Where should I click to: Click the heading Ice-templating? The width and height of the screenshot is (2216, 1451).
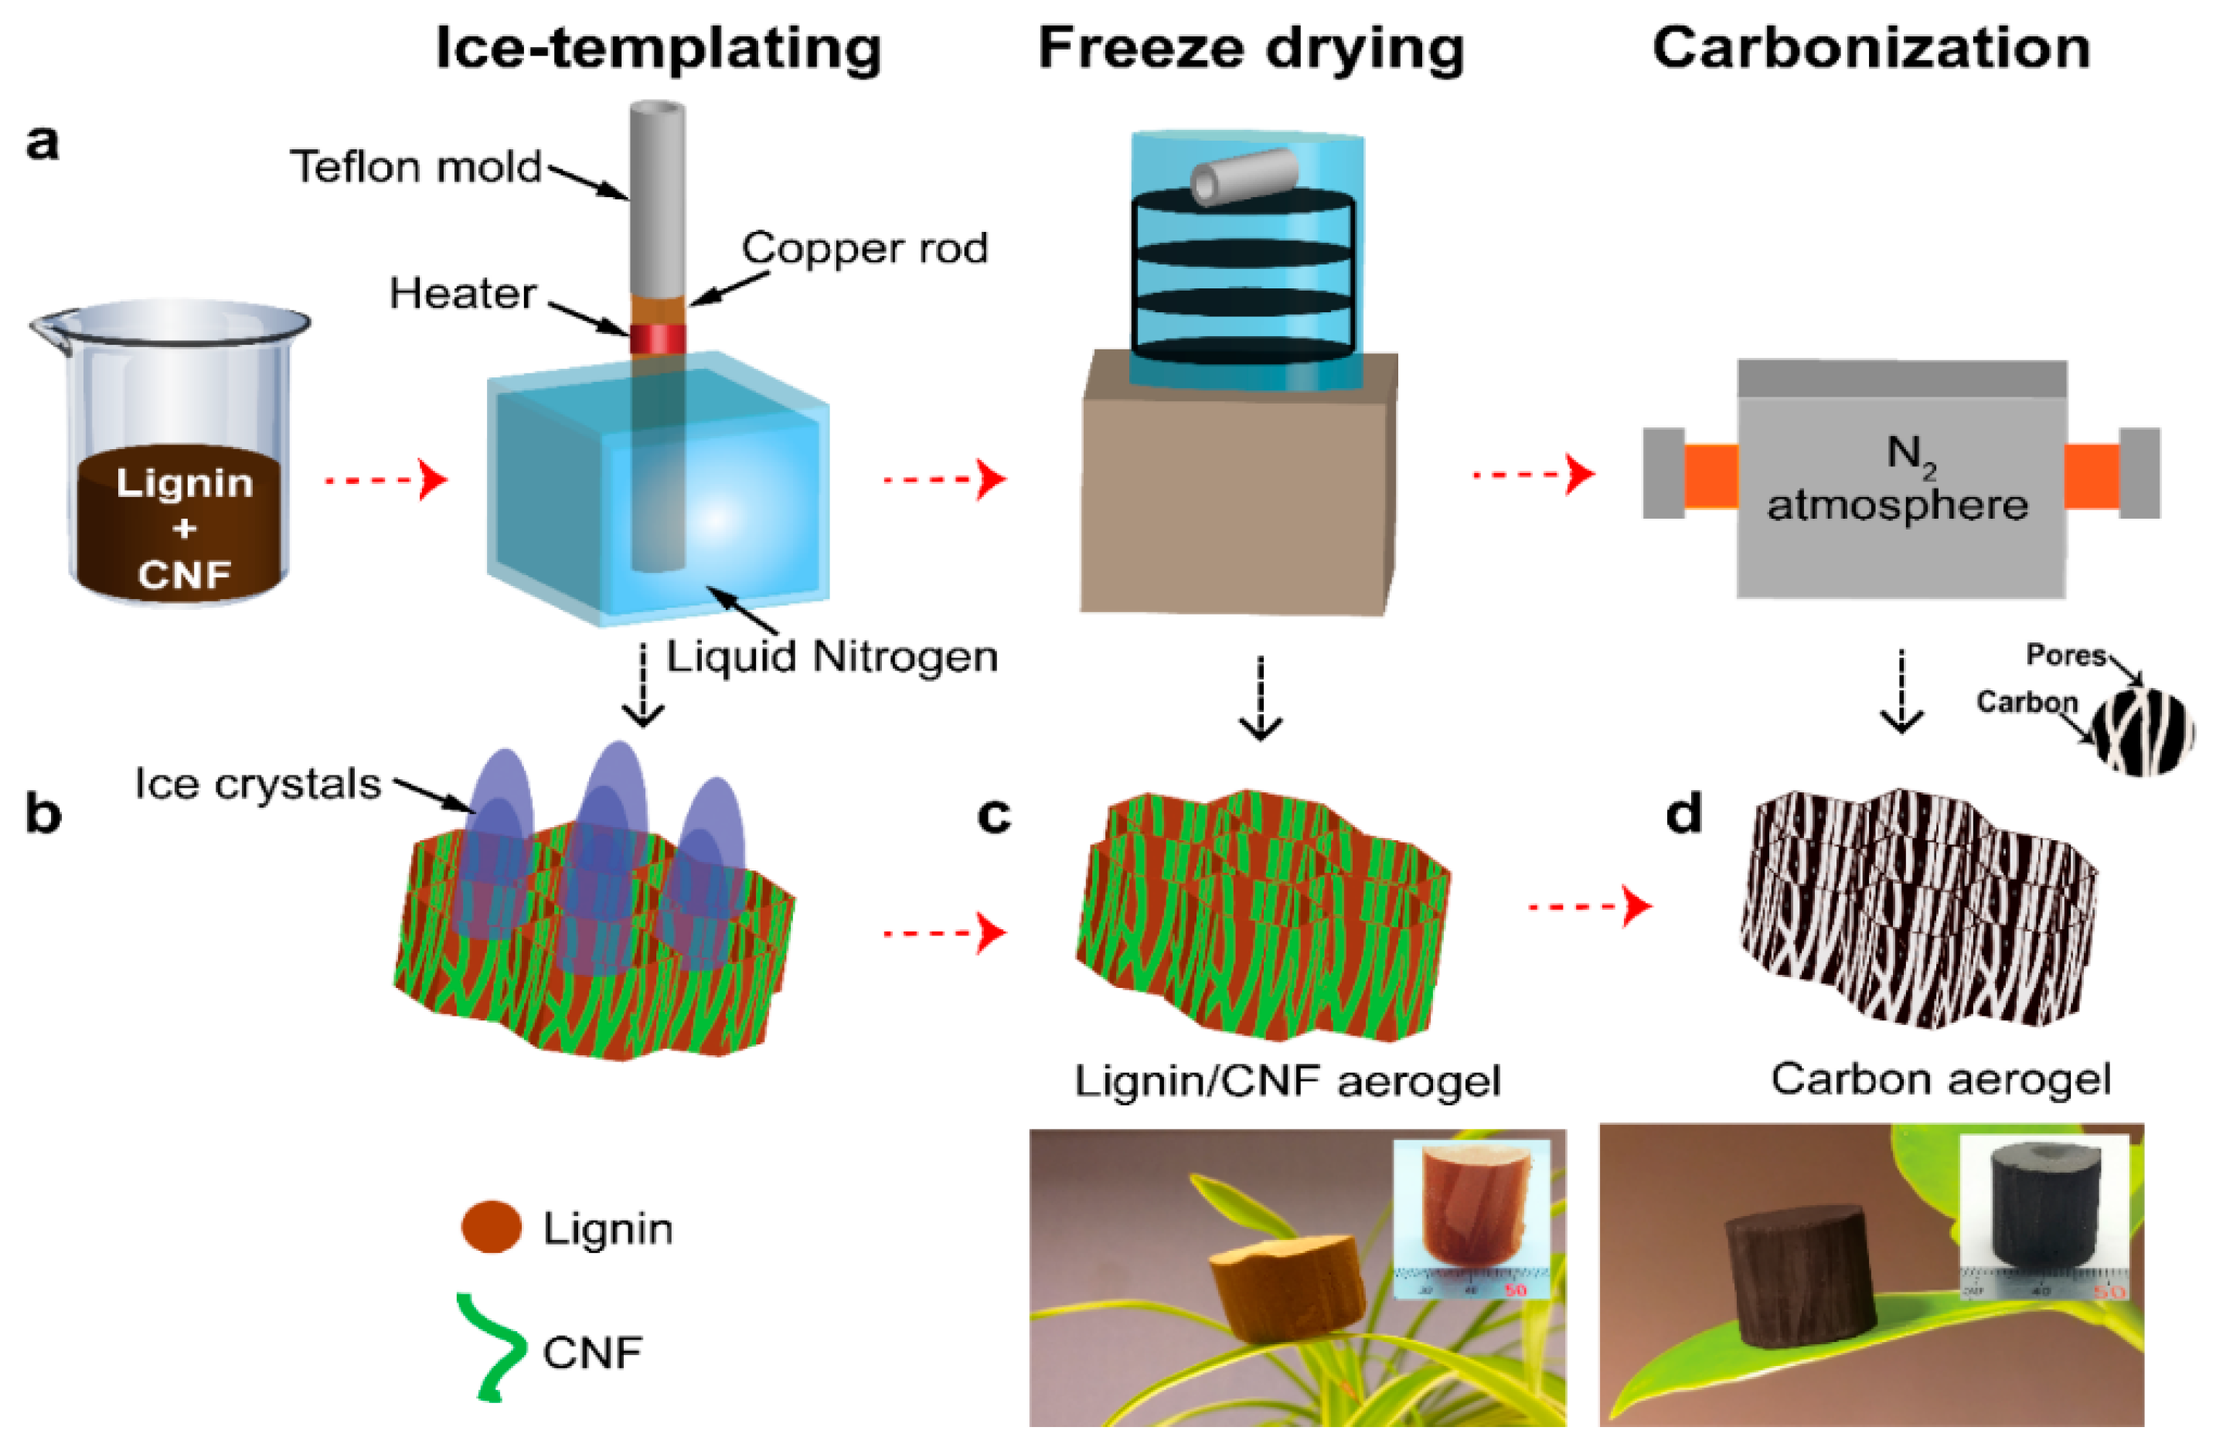pos(659,49)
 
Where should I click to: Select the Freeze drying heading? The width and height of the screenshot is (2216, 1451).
pos(1251,49)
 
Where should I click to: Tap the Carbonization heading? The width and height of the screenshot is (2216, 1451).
pos(1871,49)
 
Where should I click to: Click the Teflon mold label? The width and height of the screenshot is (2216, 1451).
pos(416,168)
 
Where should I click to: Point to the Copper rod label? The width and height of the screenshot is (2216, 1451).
pos(864,247)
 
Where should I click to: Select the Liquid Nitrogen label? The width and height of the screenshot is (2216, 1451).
pos(832,656)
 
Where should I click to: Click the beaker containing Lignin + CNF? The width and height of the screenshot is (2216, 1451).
pos(177,456)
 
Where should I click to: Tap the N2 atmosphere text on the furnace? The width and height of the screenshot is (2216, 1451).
pos(1898,479)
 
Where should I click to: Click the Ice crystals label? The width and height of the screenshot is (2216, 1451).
pos(258,784)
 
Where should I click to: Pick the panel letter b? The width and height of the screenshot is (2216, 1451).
pos(43,814)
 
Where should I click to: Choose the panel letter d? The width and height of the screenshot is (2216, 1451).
pos(1683,814)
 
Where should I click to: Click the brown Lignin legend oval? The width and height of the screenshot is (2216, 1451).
pos(491,1227)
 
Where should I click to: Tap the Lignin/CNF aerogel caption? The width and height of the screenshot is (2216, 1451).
pos(1287,1081)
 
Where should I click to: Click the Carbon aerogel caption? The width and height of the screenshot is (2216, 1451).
pos(1940,1079)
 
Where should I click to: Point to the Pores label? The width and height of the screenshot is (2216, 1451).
pos(2065,656)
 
